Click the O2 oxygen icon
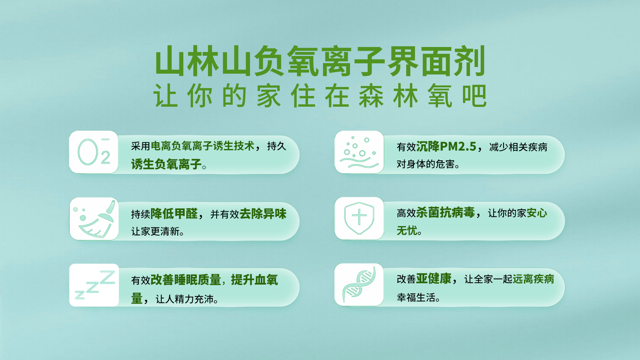pos(94,152)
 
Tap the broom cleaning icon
pos(94,219)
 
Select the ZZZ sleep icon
pos(95,285)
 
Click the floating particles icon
pos(359,152)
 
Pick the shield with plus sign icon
pos(359,218)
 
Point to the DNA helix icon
pos(359,284)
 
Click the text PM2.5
pos(458,146)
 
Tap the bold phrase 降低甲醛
pos(174,214)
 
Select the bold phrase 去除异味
pos(263,214)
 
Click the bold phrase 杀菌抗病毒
pos(446,212)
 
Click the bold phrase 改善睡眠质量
pos(186,280)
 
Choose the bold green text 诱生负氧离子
pos(166,164)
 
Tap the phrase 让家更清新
pos(155,231)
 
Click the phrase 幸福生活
pos(416,297)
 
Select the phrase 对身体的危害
pos(426,164)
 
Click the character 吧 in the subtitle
pos(474,96)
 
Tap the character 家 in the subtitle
pos(269,96)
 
